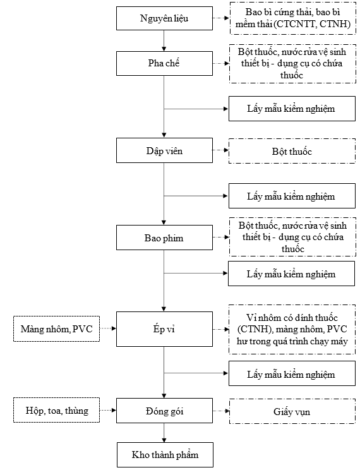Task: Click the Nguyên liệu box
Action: point(164,18)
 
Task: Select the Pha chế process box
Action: point(164,63)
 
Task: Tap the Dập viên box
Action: point(164,150)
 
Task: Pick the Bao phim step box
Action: point(164,238)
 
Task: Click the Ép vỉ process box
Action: point(164,329)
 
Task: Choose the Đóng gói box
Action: point(164,411)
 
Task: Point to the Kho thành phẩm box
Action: point(165,455)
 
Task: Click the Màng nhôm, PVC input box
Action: point(56,329)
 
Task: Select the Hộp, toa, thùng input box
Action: point(56,410)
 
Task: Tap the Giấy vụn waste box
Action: point(292,411)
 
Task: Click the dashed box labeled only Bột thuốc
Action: point(292,151)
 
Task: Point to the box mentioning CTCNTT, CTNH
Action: point(293,18)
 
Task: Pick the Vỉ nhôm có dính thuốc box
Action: point(292,329)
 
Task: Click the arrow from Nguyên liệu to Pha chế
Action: point(164,41)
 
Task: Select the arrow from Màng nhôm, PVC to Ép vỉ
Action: point(108,328)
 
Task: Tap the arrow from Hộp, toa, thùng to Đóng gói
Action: point(108,410)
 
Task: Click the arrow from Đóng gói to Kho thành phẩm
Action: point(164,433)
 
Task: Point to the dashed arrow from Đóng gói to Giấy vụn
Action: point(221,411)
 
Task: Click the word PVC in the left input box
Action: point(83,329)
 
